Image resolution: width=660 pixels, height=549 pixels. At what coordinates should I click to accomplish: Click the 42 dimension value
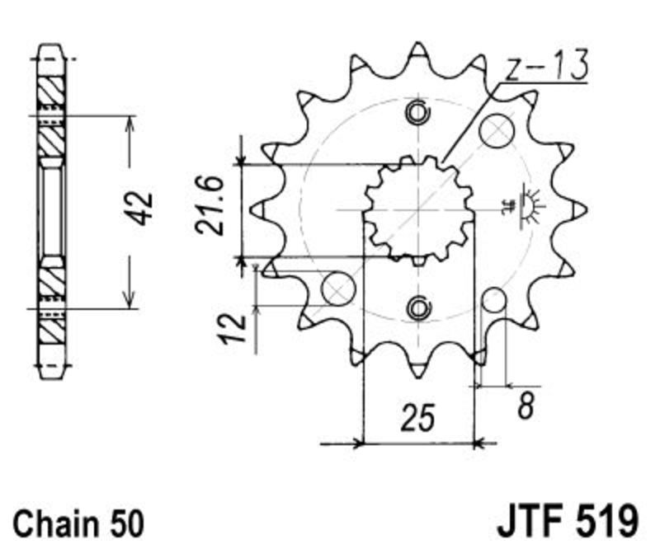(x=139, y=209)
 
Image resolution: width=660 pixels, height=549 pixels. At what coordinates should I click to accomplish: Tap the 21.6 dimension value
(x=210, y=205)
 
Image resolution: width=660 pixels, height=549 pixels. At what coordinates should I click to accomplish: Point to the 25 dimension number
(x=417, y=418)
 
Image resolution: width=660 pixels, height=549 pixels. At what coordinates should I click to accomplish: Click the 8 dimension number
(x=526, y=406)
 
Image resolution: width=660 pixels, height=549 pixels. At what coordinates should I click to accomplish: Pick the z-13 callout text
(x=546, y=65)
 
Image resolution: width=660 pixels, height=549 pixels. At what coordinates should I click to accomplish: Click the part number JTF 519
(x=568, y=521)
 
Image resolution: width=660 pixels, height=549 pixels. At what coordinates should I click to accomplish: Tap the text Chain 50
(x=78, y=523)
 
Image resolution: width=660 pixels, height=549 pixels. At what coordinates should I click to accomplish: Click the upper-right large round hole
(x=497, y=130)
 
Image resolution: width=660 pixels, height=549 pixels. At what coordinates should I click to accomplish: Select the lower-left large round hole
(x=338, y=289)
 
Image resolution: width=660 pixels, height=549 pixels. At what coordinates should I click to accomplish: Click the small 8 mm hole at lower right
(x=493, y=300)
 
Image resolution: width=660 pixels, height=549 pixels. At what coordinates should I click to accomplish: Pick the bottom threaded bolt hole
(x=418, y=307)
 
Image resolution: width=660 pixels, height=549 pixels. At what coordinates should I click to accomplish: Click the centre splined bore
(x=418, y=209)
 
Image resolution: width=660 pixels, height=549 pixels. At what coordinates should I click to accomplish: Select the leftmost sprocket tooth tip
(x=250, y=209)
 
